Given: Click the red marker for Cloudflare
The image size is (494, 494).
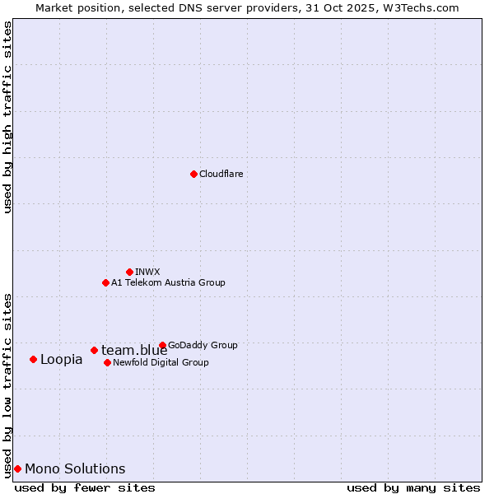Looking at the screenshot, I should click(193, 174).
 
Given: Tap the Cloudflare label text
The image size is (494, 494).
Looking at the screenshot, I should click(221, 174).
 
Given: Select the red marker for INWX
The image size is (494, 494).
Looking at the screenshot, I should click(129, 272).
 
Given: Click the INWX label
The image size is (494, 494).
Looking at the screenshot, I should click(148, 272).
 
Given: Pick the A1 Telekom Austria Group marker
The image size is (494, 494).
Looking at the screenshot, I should click(105, 282).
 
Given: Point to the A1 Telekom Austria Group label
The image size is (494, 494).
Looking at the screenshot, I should click(168, 282).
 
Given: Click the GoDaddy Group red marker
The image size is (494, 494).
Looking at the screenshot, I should click(162, 345).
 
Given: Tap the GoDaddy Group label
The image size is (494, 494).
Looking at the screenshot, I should click(203, 345).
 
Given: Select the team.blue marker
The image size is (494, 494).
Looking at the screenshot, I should click(94, 350).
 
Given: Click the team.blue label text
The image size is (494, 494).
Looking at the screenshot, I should click(134, 351).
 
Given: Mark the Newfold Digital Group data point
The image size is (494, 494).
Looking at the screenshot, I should click(107, 362).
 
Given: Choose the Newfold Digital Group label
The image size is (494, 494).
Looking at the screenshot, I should click(161, 362).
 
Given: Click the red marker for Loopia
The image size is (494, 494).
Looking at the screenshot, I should click(33, 359).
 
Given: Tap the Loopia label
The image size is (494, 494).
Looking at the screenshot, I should click(62, 359).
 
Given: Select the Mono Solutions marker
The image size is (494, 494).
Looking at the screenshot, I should click(17, 468).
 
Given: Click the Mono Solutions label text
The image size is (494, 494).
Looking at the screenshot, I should click(75, 468).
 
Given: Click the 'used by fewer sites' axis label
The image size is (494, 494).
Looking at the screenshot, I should click(85, 487).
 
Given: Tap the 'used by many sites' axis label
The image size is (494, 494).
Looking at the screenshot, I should click(413, 487).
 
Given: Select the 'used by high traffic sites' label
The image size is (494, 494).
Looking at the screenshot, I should click(8, 117).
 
